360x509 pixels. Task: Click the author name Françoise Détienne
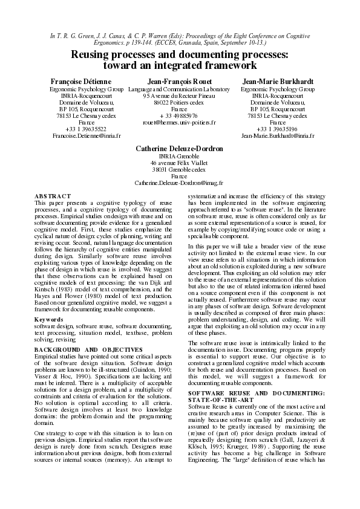point(87,82)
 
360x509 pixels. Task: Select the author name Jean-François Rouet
point(179,82)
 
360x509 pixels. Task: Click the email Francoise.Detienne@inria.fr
point(87,137)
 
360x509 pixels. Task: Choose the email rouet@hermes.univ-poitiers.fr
point(179,123)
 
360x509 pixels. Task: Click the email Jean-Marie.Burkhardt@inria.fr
point(278,137)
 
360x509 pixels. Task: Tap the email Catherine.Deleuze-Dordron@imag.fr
point(179,182)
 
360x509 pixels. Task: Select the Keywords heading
point(49,319)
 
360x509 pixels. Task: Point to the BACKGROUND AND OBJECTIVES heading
point(88,350)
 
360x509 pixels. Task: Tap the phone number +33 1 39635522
point(87,129)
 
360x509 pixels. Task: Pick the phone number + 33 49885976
point(179,116)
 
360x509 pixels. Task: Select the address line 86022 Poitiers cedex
point(179,102)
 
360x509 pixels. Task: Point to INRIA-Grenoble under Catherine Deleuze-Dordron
point(179,155)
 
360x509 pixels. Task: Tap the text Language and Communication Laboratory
point(179,89)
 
